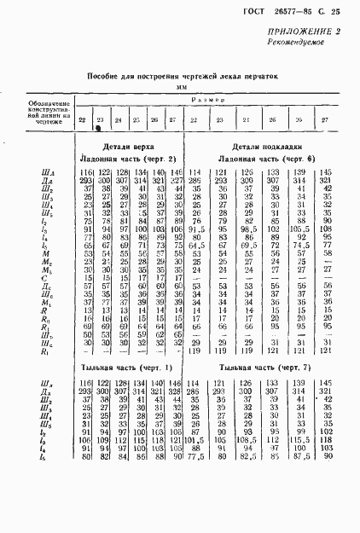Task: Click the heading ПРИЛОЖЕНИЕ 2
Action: (x=304, y=32)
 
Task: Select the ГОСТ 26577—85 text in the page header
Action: (x=279, y=10)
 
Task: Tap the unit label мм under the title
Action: (x=181, y=87)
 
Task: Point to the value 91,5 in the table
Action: (x=198, y=229)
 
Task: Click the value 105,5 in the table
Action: (x=299, y=229)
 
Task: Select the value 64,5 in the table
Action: (x=198, y=247)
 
